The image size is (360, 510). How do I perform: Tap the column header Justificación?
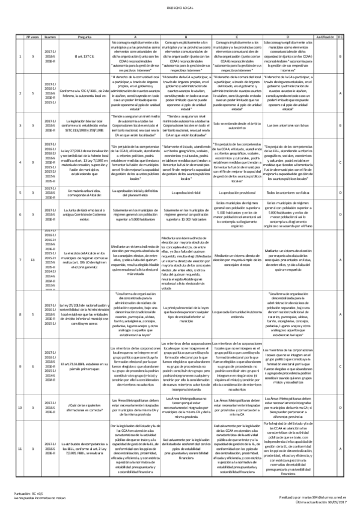pos(325,37)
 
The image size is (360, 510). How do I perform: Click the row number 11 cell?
pos(22,449)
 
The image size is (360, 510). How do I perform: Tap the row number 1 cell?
pos(22,57)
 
